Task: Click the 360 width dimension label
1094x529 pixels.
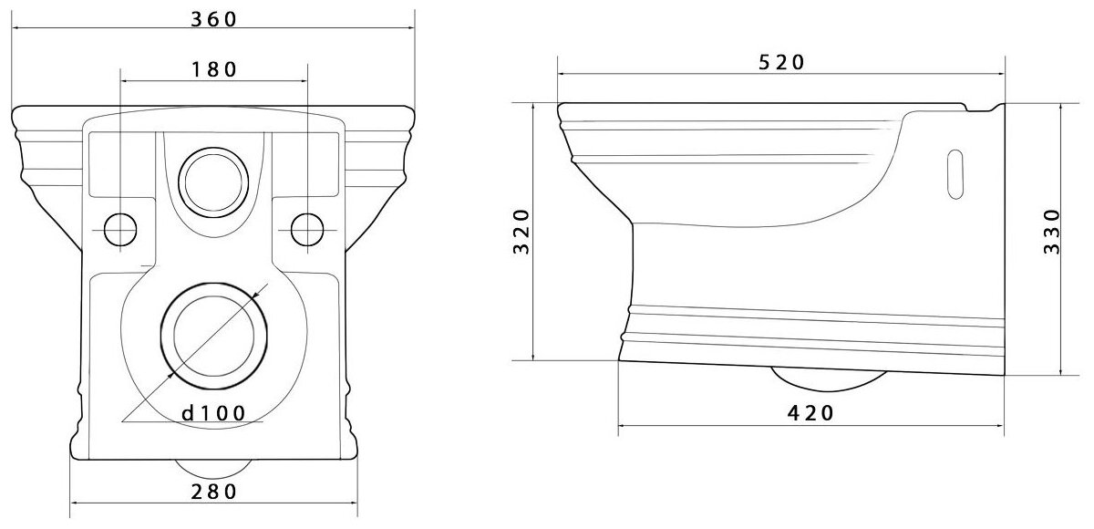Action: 213,19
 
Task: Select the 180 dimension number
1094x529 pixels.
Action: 213,69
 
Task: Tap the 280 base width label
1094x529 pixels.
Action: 213,492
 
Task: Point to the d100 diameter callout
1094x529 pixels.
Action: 213,413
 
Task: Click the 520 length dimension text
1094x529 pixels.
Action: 781,62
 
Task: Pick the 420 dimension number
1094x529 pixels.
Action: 810,413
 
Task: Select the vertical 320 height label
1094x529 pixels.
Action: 521,232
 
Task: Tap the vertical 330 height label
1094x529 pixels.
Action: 1051,232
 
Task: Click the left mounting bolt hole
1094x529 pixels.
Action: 120,230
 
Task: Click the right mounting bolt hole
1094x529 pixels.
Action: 307,230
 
